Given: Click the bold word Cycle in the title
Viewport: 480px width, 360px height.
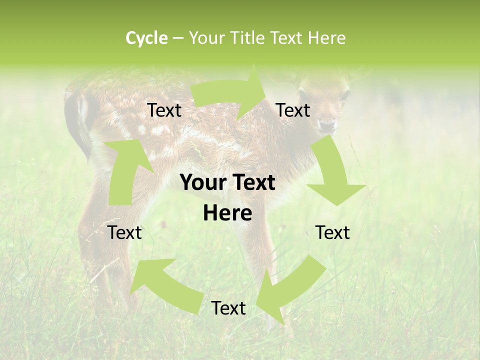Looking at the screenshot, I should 146,38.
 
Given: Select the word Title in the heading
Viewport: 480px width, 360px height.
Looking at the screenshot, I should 247,38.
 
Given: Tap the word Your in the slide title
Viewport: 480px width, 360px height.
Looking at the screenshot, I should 206,38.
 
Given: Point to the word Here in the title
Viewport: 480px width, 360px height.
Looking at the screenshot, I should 326,38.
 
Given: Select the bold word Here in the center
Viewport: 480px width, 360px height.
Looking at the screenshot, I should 227,213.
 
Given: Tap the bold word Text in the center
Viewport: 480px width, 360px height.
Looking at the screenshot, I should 253,183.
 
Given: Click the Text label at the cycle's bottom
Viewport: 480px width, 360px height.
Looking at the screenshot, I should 228,308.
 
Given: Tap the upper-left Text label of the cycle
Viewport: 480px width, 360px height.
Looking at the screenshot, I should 164,110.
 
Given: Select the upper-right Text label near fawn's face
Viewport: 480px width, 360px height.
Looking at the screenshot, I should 293,110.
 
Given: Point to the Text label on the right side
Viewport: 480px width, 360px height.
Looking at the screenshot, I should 332,232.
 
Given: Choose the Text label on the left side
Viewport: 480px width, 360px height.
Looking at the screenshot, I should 124,232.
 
